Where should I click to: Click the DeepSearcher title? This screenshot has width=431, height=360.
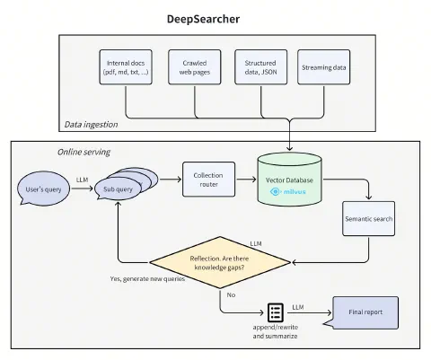click(x=215, y=19)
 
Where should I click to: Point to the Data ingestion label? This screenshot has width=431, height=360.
click(x=92, y=124)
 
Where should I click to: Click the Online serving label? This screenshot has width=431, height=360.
click(x=84, y=152)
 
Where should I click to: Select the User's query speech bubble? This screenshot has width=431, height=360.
click(x=44, y=190)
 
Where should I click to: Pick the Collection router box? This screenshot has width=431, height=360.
click(x=207, y=179)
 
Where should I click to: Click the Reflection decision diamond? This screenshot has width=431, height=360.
click(x=220, y=263)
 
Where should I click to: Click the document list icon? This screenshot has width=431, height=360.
click(x=277, y=312)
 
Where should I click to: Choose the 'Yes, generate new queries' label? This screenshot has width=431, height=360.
click(x=148, y=280)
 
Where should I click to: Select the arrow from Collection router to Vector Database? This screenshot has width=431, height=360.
click(x=245, y=179)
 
